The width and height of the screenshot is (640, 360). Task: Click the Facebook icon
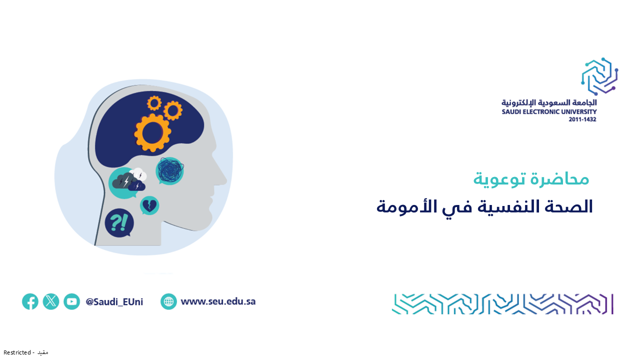[x=30, y=301]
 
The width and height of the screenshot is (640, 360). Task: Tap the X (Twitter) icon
[x=51, y=301]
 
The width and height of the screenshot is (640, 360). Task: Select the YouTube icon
[x=71, y=301]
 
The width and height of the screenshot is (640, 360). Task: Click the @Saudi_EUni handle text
[x=114, y=301]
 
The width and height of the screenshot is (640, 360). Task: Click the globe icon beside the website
[x=168, y=301]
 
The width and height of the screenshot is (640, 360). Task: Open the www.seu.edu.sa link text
[x=218, y=301]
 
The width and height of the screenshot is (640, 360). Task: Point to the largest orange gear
[x=152, y=133]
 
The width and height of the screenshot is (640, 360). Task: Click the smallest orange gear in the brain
[x=154, y=103]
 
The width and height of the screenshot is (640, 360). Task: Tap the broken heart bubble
[x=149, y=205]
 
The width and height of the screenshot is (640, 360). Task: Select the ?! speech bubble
[x=119, y=223]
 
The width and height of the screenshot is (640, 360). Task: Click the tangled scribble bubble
[x=169, y=171]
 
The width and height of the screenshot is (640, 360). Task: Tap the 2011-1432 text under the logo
[x=582, y=119]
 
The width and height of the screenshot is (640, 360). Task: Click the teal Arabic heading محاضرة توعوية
[x=531, y=179]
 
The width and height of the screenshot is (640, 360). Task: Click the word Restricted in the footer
[x=17, y=352]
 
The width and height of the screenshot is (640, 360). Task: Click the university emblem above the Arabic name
[x=599, y=76]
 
